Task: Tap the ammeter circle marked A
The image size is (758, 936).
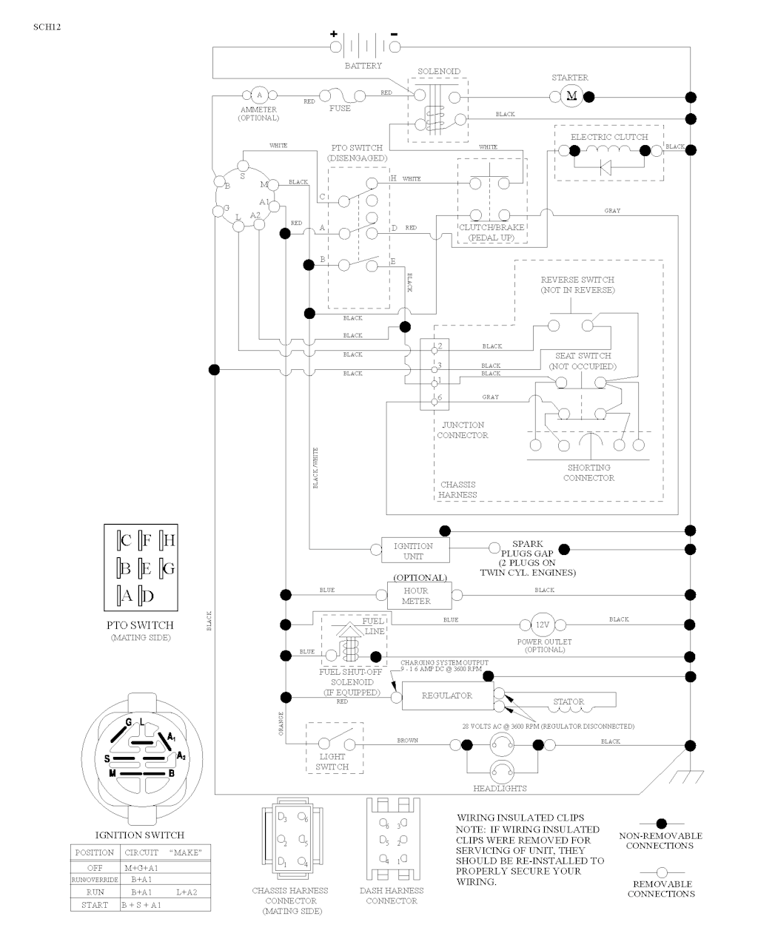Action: click(x=259, y=95)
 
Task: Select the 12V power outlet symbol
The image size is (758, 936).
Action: click(x=543, y=624)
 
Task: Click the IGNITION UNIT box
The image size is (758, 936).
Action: click(x=413, y=551)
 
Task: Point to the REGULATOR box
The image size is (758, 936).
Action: click(x=447, y=696)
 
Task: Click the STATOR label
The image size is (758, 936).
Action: click(x=568, y=701)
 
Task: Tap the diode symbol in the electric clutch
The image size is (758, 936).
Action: click(x=606, y=166)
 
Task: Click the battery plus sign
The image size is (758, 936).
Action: click(x=334, y=34)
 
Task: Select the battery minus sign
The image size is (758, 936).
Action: click(x=394, y=34)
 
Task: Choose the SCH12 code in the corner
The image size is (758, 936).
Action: click(x=47, y=27)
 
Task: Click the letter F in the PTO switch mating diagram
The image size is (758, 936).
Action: click(x=146, y=540)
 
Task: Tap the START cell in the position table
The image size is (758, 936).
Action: click(x=95, y=905)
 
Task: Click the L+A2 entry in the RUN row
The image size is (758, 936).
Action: click(x=186, y=892)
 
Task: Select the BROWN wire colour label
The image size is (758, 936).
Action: click(x=407, y=741)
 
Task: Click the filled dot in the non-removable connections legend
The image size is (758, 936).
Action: click(x=661, y=824)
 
